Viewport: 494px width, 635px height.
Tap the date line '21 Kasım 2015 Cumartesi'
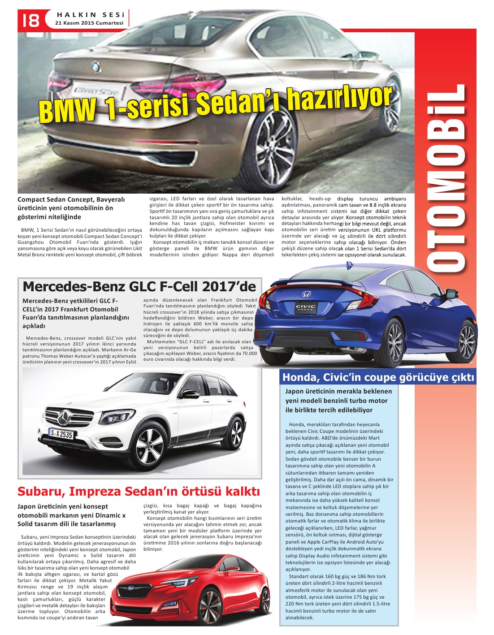tap(89, 23)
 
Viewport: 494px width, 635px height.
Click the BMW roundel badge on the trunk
tap(95, 67)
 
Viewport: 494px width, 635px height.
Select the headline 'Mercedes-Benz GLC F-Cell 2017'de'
tap(139, 286)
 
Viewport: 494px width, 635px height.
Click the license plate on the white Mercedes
tap(61, 434)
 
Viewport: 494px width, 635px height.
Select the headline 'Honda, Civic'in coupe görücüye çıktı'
tap(378, 377)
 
